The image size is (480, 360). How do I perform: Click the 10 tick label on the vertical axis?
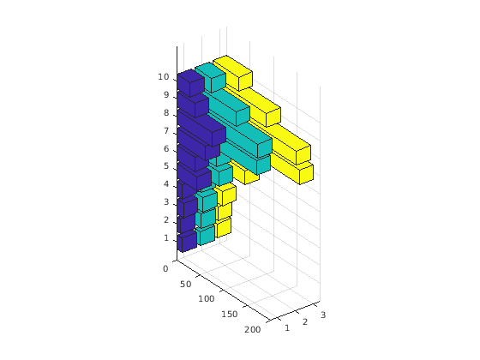tap(164, 77)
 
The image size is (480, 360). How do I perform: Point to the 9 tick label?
tap(166, 95)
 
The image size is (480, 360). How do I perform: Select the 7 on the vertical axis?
tap(166, 131)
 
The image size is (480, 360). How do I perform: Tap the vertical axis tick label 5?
tap(166, 166)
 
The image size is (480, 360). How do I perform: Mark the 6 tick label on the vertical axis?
tap(166, 149)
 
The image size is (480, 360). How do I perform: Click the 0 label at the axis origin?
tap(165, 269)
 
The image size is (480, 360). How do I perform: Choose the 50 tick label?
tap(185, 285)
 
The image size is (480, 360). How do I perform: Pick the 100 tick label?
tap(206, 299)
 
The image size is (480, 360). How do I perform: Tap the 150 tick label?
tap(230, 315)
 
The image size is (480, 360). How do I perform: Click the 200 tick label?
tap(253, 330)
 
